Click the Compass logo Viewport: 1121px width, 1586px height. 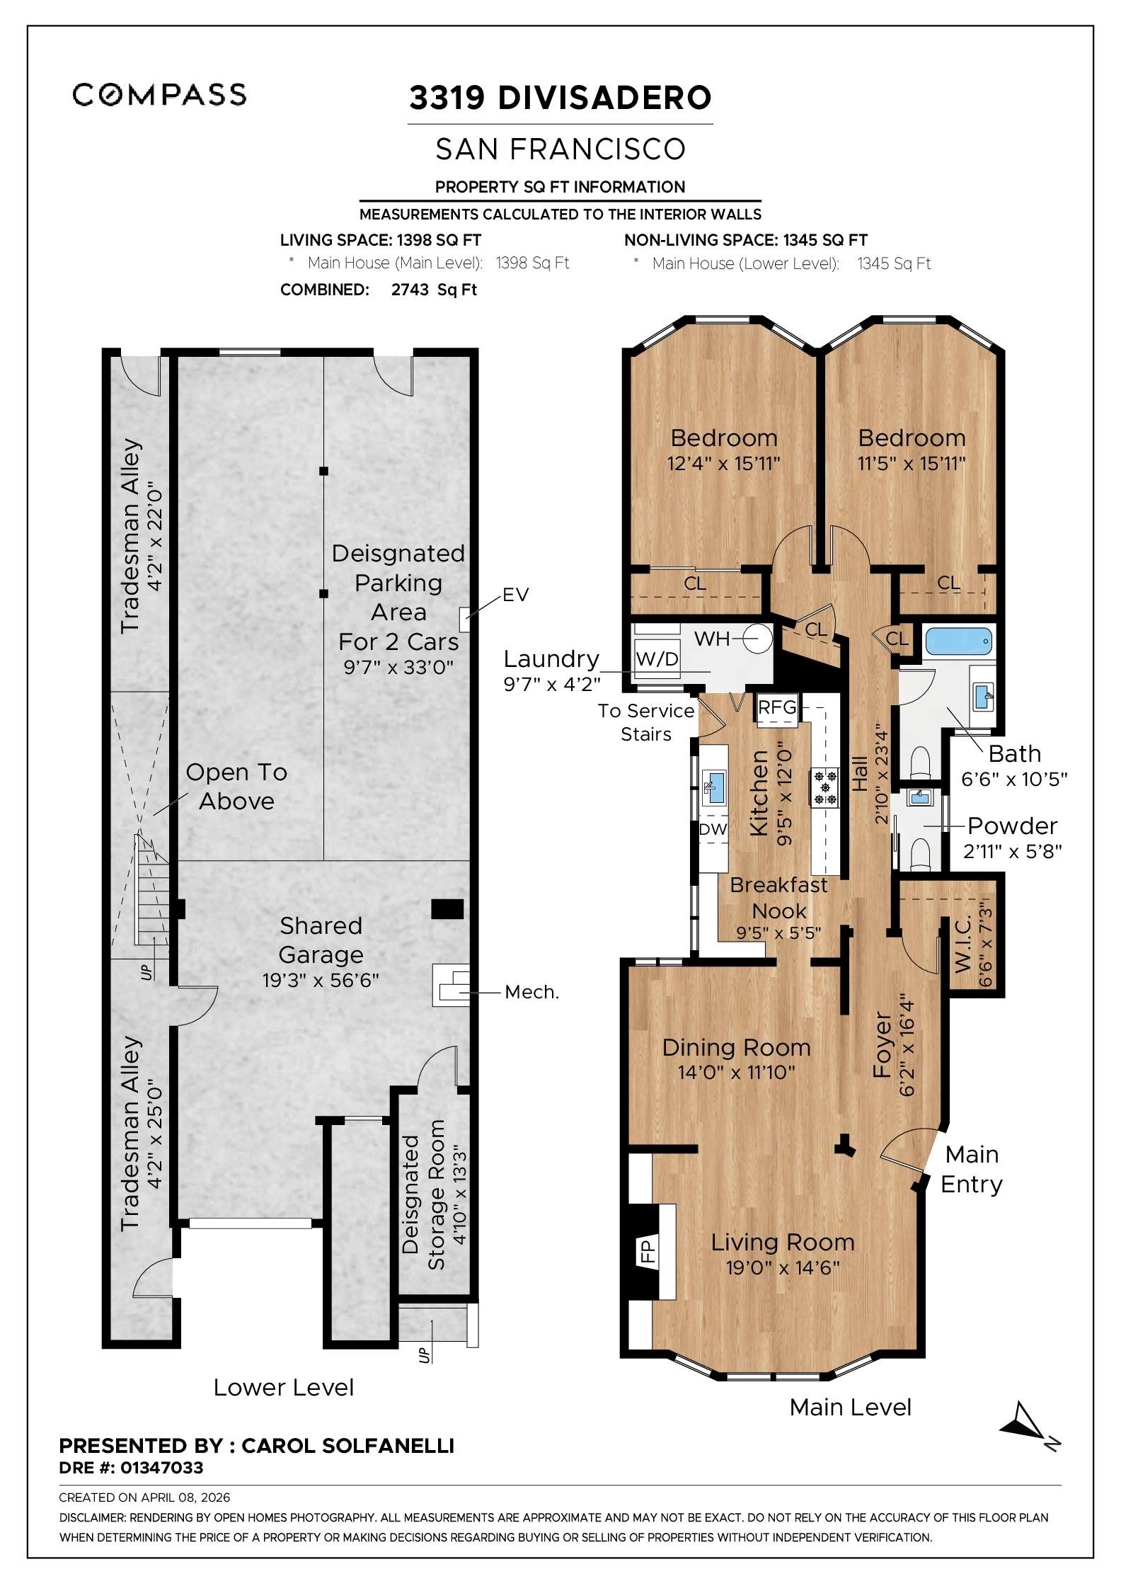[x=159, y=95]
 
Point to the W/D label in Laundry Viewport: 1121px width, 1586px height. [x=657, y=659]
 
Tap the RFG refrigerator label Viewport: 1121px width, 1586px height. [x=777, y=707]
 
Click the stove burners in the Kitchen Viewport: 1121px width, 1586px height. [x=824, y=787]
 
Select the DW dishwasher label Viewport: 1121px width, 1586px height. [x=713, y=829]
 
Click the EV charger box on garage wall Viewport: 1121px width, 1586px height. [x=465, y=620]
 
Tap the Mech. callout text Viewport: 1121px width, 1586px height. [x=531, y=992]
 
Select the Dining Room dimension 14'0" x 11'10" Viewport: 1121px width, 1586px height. [x=736, y=1073]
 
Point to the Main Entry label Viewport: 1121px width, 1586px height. [x=972, y=1169]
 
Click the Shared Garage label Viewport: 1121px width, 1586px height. [x=321, y=940]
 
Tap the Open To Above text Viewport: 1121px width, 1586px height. [x=236, y=787]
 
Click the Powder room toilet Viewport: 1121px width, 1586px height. [x=919, y=852]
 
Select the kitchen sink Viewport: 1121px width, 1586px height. [x=715, y=788]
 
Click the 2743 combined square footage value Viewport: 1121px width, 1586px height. [x=410, y=290]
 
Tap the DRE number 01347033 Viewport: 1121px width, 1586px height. [x=161, y=1468]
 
